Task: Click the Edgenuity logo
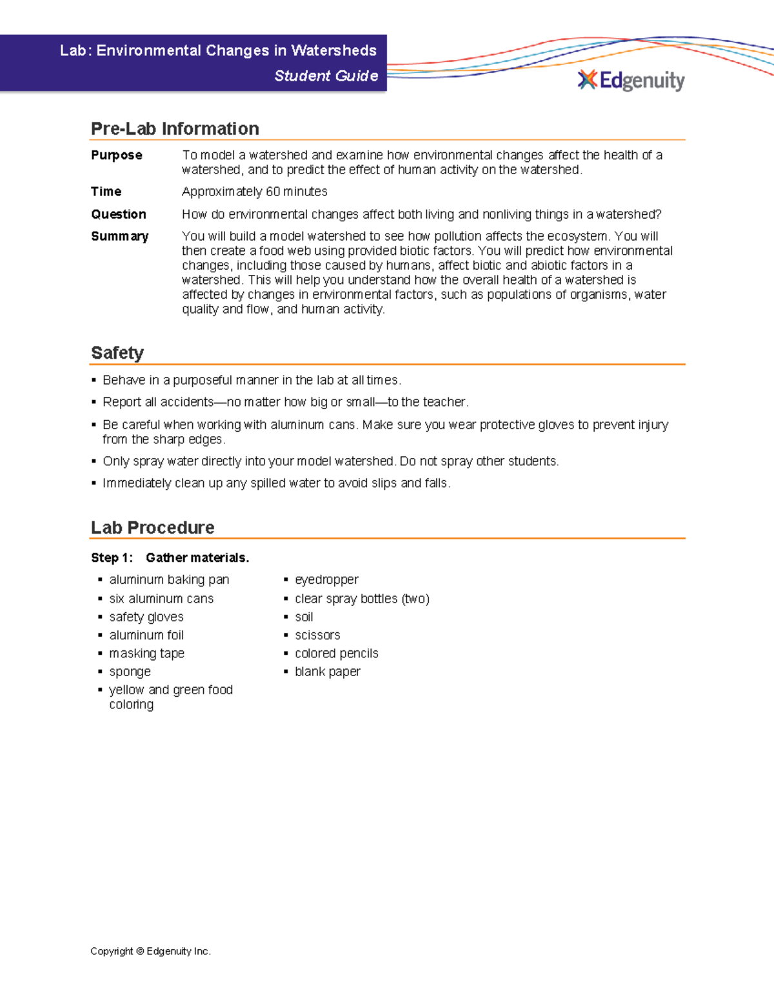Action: [631, 80]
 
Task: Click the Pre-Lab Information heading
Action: [175, 128]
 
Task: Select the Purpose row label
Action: [116, 155]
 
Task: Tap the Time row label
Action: [106, 192]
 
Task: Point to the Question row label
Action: [118, 214]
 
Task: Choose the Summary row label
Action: [119, 236]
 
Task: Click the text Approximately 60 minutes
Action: [254, 192]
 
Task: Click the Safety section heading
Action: [117, 353]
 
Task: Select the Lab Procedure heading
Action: [152, 527]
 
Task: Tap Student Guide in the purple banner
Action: [326, 75]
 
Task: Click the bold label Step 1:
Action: [112, 557]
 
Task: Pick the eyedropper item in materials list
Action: [326, 579]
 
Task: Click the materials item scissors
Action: [317, 635]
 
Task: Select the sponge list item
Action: [130, 672]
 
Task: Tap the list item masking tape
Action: [146, 654]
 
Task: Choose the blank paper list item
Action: [327, 672]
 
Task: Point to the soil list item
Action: [304, 617]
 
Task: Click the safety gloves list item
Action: [146, 617]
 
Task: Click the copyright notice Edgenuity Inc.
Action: [150, 951]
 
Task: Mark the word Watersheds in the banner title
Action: [333, 50]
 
